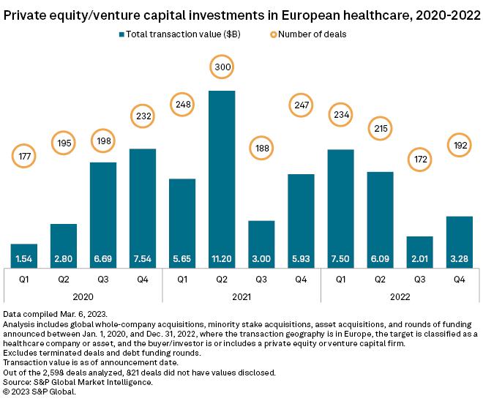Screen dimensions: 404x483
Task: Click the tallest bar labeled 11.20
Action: [x=222, y=176]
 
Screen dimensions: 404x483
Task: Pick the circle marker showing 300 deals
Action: [x=222, y=67]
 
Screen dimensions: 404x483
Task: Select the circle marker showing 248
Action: [x=182, y=105]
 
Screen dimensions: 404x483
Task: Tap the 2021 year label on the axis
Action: [x=241, y=296]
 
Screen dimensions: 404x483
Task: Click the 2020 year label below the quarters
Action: [x=83, y=296]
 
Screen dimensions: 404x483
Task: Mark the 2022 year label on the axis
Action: [x=400, y=296]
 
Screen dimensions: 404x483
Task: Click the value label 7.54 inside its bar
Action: [x=143, y=259]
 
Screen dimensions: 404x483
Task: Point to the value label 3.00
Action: [x=261, y=259]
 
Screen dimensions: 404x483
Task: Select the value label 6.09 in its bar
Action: [x=380, y=259]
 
